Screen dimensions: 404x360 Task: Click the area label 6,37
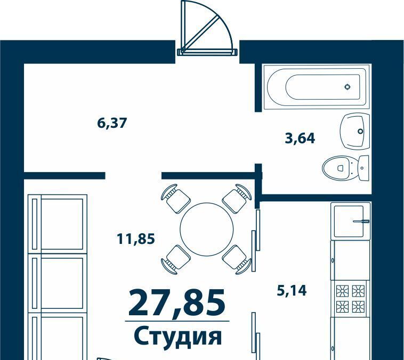point(112,123)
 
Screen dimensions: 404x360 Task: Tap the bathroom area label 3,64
point(300,138)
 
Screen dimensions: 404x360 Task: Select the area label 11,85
point(136,239)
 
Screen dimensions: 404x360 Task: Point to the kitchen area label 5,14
point(292,290)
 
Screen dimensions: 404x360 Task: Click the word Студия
point(178,336)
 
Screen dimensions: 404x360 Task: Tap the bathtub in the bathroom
point(317,87)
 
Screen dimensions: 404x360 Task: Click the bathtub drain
point(348,87)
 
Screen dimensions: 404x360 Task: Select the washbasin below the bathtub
point(355,132)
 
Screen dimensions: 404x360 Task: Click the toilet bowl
point(337,168)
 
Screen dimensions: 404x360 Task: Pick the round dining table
point(207,229)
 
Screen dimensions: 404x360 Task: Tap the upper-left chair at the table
point(175,198)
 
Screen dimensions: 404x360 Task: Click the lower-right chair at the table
point(237,259)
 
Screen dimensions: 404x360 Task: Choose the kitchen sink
point(351,220)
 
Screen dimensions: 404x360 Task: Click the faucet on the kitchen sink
point(361,221)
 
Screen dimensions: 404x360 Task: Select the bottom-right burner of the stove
point(358,307)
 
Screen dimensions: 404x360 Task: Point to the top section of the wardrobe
point(58,224)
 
